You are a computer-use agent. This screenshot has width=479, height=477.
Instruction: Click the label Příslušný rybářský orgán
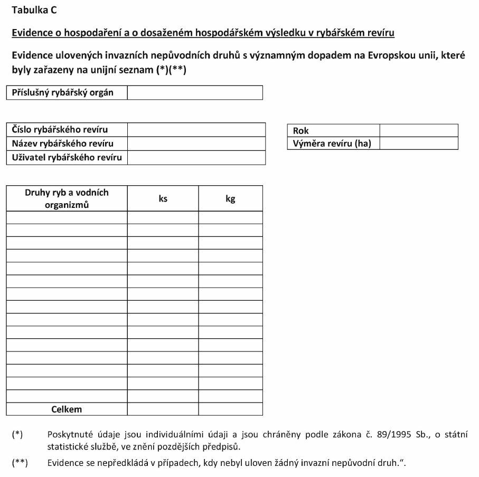point(63,93)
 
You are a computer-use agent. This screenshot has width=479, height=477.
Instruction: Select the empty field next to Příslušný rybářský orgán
point(195,93)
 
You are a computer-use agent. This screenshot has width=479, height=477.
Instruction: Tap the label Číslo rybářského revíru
point(60,130)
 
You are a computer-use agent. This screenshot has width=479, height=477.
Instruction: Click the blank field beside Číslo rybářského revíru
point(196,130)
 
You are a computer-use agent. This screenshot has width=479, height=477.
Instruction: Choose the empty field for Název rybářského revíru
point(196,144)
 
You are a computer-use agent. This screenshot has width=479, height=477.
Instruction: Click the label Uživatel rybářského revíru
point(67,158)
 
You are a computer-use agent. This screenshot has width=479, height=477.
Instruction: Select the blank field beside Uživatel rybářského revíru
point(196,158)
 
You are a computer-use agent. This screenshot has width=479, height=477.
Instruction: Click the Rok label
point(301,131)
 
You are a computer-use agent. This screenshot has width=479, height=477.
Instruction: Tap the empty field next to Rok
point(418,131)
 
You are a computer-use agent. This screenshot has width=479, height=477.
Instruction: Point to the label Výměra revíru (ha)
point(332,144)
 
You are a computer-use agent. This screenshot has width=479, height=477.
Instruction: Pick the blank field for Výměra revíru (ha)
point(418,144)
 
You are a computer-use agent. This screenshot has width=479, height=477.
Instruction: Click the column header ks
point(163,199)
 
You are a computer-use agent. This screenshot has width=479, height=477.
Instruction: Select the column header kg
point(230,199)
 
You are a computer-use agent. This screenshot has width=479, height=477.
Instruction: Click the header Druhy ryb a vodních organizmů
point(67,198)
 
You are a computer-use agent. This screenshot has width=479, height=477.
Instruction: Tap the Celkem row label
point(67,409)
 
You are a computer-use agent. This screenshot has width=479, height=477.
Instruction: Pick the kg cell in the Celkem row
point(230,409)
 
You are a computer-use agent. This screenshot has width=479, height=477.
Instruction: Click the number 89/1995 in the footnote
point(394,435)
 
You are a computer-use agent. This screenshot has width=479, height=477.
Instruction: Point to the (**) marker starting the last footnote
point(20,463)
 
